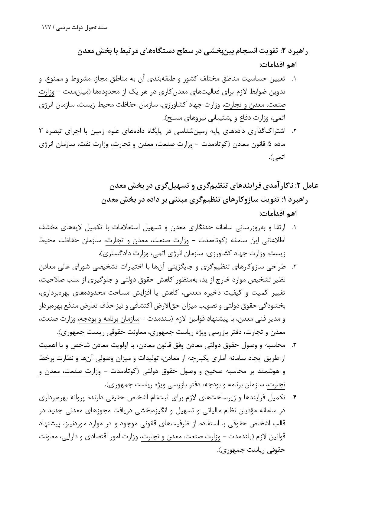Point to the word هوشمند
tap(269, 371)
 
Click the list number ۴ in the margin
tap(294, 397)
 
